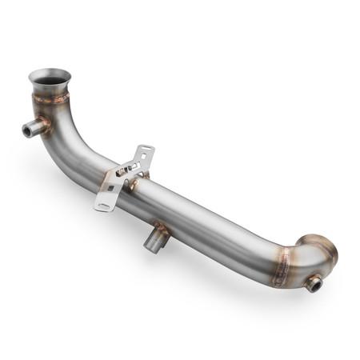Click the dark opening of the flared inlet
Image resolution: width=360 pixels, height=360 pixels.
coord(50,79)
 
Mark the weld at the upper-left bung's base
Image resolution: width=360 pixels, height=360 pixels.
coord(45,125)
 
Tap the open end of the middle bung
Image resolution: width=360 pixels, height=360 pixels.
coord(151,245)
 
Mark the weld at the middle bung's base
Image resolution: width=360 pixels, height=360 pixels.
coord(159,228)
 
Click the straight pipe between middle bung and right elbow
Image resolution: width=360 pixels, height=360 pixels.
coord(224,232)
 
